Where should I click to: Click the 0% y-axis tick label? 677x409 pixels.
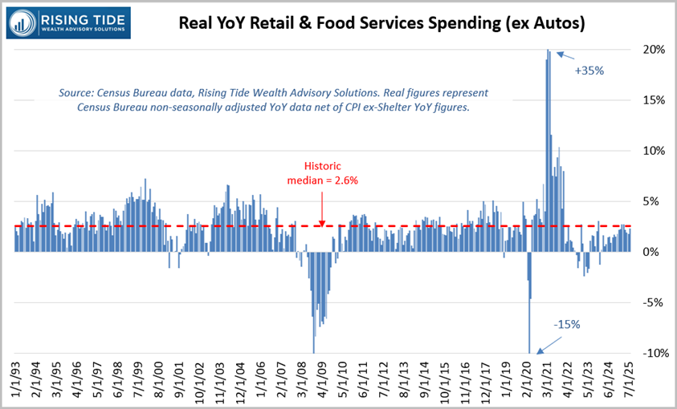651,252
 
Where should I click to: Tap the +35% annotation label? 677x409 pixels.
589,71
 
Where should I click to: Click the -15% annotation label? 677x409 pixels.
565,325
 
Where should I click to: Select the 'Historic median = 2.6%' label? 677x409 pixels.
322,173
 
